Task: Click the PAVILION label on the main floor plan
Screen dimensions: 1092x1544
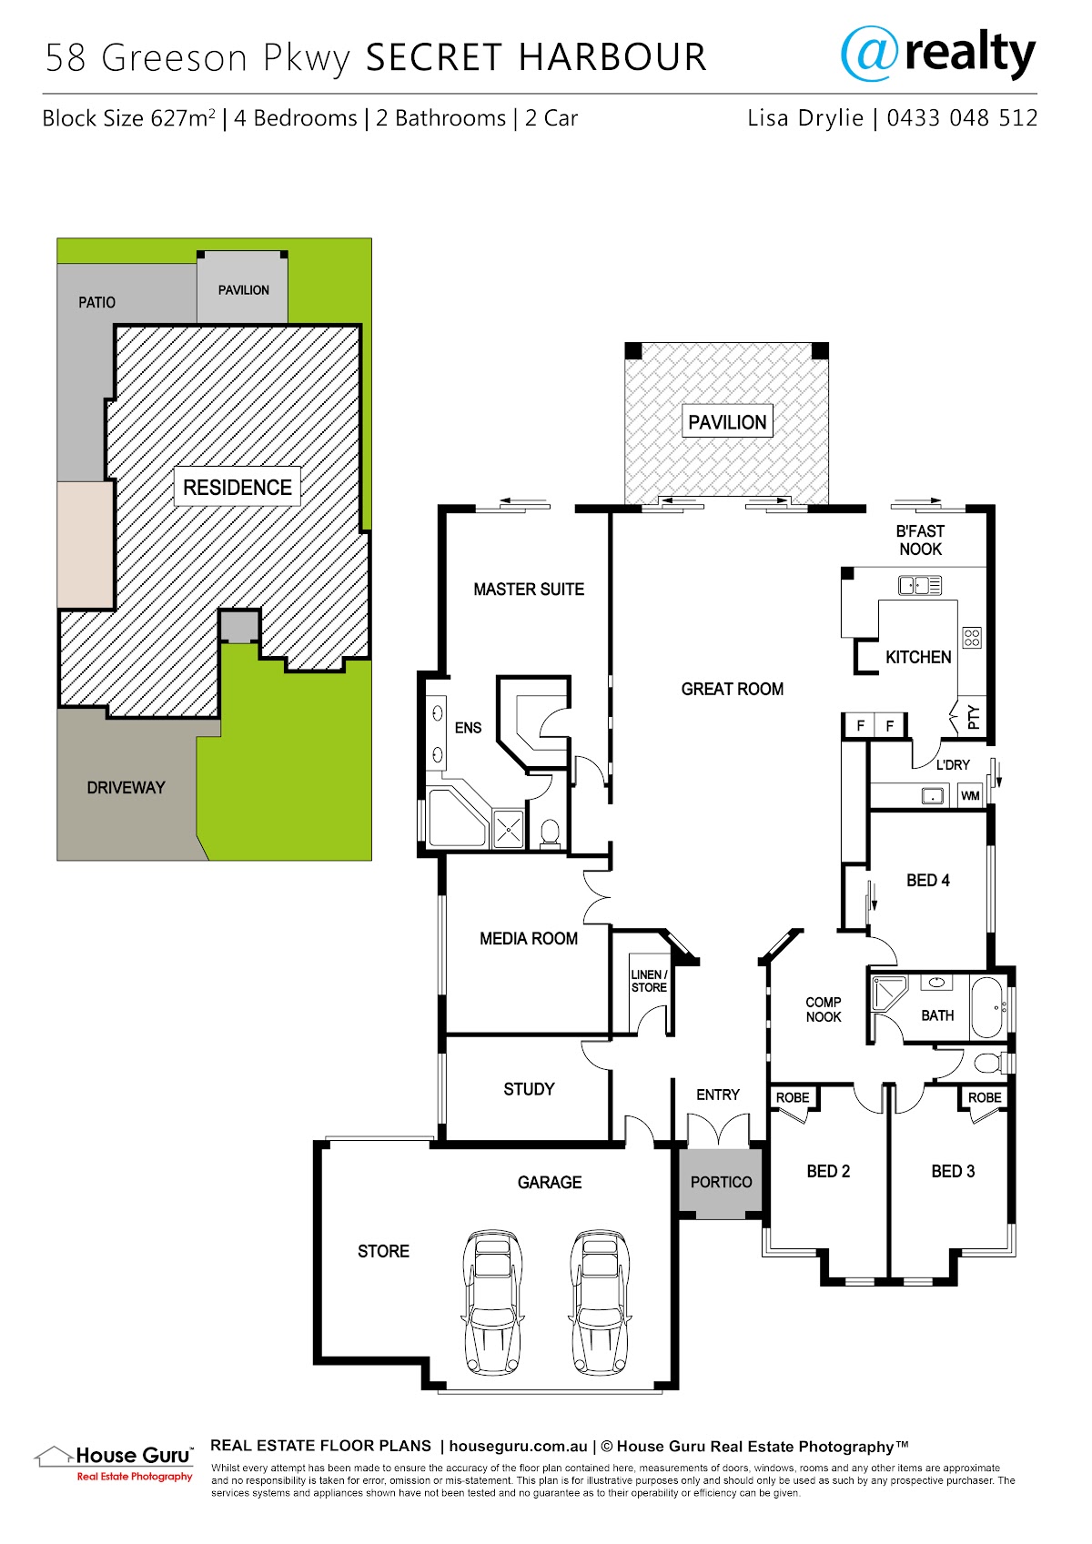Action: (x=726, y=421)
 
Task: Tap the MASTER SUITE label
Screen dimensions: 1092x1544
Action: (x=529, y=590)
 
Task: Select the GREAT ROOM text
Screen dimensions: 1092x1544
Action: (x=733, y=689)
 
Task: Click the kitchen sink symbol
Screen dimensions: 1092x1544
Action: (x=920, y=585)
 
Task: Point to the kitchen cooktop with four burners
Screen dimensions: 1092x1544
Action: (x=971, y=637)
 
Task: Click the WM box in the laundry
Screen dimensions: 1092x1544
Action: (x=970, y=795)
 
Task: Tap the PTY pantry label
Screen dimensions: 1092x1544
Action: (x=973, y=717)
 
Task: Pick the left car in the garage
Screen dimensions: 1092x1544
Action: (x=492, y=1301)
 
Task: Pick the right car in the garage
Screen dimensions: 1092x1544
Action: (x=600, y=1301)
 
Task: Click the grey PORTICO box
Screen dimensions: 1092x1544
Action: (x=721, y=1182)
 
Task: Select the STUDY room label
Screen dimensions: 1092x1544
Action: (x=529, y=1089)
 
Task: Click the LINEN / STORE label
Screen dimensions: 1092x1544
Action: (x=649, y=981)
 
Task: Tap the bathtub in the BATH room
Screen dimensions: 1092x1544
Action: (x=988, y=1007)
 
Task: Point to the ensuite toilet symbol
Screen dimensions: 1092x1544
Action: (x=550, y=833)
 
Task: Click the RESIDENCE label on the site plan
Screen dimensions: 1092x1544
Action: (x=238, y=488)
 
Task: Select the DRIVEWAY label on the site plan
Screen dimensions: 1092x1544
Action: (x=126, y=787)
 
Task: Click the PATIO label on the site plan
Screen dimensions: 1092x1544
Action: (x=96, y=303)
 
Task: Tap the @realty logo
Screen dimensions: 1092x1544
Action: (x=937, y=54)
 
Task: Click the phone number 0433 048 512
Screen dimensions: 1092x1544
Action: (x=962, y=118)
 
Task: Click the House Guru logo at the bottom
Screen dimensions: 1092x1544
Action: (x=114, y=1463)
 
